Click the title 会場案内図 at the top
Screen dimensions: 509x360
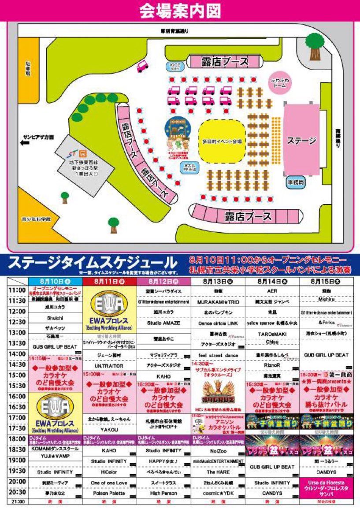180,11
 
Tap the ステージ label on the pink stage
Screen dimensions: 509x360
302,141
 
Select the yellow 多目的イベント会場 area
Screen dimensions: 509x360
221,141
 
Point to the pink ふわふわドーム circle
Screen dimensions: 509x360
280,82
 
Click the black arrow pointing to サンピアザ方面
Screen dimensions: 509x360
25,142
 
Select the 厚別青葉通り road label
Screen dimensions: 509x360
174,31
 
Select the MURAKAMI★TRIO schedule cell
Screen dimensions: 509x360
218,301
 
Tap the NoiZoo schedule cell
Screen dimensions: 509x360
218,450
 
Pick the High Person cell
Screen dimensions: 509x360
164,494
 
